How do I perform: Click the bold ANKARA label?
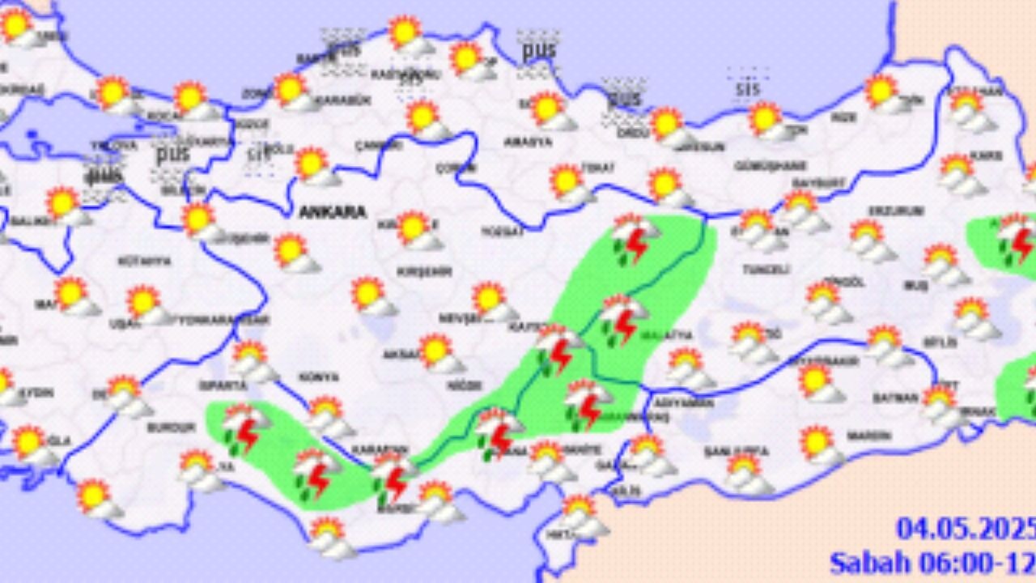click(x=332, y=212)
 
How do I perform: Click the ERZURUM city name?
click(x=885, y=211)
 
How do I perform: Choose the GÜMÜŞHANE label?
click(x=760, y=166)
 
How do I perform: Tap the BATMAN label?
click(x=895, y=398)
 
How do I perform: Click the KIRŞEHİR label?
click(x=423, y=271)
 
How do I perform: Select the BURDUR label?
click(x=171, y=427)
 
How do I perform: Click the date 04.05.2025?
click(x=965, y=529)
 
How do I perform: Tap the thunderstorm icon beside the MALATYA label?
click(x=623, y=319)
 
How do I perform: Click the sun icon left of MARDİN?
click(x=819, y=446)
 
